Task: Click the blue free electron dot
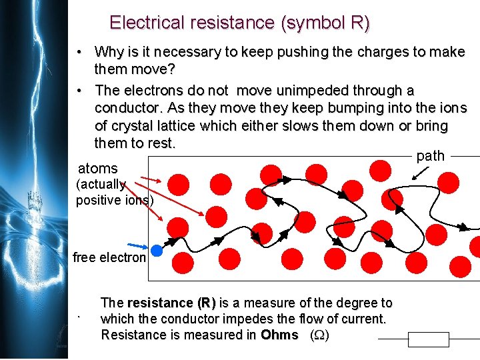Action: click(x=157, y=251)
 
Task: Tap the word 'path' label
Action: click(x=430, y=156)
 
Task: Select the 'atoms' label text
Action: click(x=98, y=169)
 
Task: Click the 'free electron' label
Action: click(x=109, y=257)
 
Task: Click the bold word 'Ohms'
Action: click(x=279, y=335)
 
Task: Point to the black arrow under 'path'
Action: click(x=422, y=172)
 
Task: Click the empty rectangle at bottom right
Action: click(x=429, y=340)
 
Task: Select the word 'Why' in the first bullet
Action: click(x=109, y=52)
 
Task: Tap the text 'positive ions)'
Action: click(x=115, y=199)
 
